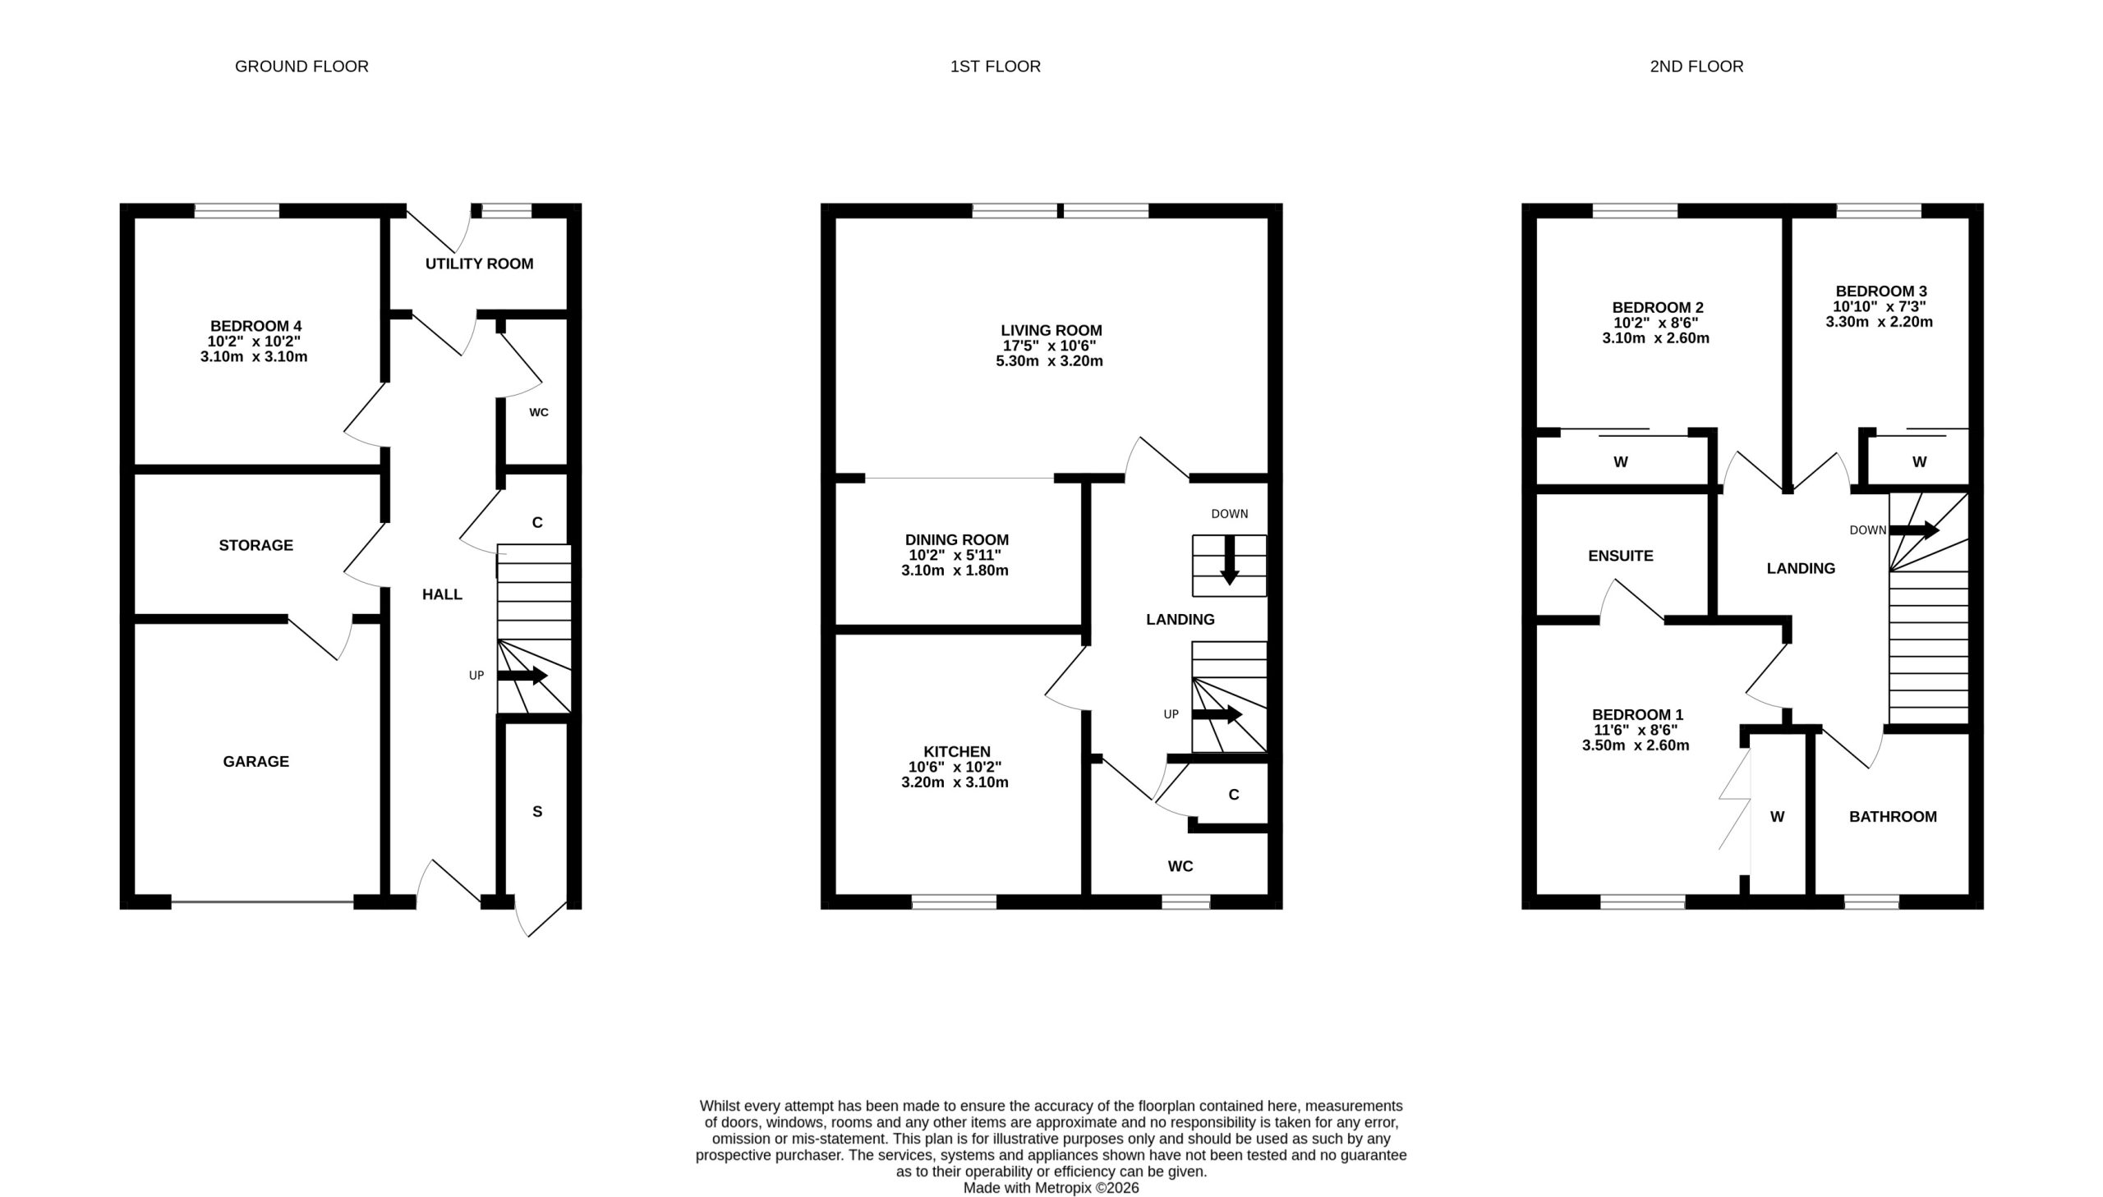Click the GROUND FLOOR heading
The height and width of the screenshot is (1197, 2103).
pos(301,66)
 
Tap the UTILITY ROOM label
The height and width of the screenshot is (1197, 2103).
pos(480,264)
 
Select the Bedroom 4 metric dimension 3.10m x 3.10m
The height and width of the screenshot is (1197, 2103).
pos(254,357)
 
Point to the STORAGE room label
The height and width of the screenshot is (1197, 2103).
pos(255,545)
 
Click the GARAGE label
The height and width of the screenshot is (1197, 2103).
pos(255,762)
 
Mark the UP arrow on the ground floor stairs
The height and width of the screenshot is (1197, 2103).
pos(522,676)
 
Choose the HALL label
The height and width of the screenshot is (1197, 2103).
pos(443,594)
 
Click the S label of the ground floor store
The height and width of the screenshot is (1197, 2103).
pos(537,811)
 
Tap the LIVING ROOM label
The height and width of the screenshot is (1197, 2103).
pos(1051,331)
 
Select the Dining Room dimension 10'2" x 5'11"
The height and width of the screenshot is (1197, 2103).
pos(955,555)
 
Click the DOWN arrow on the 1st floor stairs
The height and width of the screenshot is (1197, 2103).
pos(1230,561)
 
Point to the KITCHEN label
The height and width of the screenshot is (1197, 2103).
pos(956,751)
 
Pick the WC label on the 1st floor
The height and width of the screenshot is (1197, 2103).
pos(1180,866)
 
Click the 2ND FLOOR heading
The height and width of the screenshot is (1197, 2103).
pos(1696,66)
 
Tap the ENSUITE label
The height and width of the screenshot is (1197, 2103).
pos(1620,556)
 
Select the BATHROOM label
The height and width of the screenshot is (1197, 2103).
pos(1894,816)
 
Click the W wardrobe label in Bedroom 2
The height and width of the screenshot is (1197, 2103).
pos(1620,462)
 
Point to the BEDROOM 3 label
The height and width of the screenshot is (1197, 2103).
pos(1881,291)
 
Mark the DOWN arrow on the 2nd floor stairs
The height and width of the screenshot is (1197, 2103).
pos(1914,530)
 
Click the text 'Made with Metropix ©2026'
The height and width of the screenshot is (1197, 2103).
pos(1051,1188)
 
